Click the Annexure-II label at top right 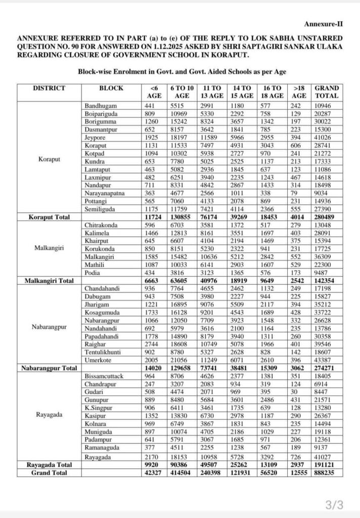click(323, 24)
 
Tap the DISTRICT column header click(49, 88)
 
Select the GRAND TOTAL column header click(327, 92)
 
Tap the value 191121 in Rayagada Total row click(327, 464)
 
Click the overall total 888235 click(327, 472)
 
